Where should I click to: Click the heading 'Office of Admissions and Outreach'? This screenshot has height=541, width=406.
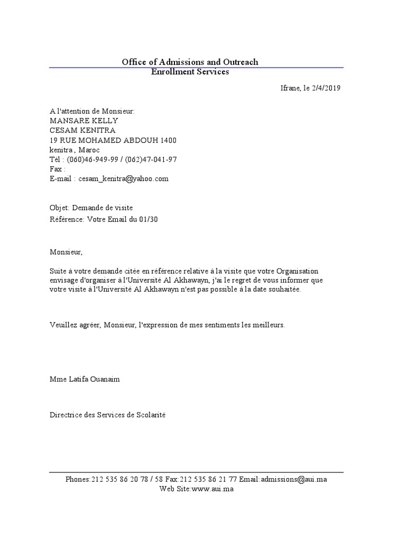(190, 62)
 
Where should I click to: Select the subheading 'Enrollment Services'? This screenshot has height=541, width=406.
(190, 72)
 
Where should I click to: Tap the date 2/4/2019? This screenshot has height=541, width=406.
(326, 88)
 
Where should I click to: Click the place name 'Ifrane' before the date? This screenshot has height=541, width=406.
(290, 88)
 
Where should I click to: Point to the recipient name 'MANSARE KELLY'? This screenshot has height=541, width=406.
(84, 120)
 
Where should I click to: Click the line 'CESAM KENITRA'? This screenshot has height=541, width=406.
(82, 130)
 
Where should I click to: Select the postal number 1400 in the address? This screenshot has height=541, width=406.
(168, 140)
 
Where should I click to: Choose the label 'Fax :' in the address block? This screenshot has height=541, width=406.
(58, 169)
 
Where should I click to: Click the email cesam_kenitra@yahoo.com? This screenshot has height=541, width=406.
(124, 179)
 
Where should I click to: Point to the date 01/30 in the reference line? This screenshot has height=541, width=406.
(149, 219)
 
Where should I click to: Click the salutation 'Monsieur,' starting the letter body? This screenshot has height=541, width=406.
(66, 252)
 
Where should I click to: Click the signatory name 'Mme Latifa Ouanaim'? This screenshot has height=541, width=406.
(85, 379)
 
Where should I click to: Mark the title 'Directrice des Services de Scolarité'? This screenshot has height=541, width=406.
(107, 415)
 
